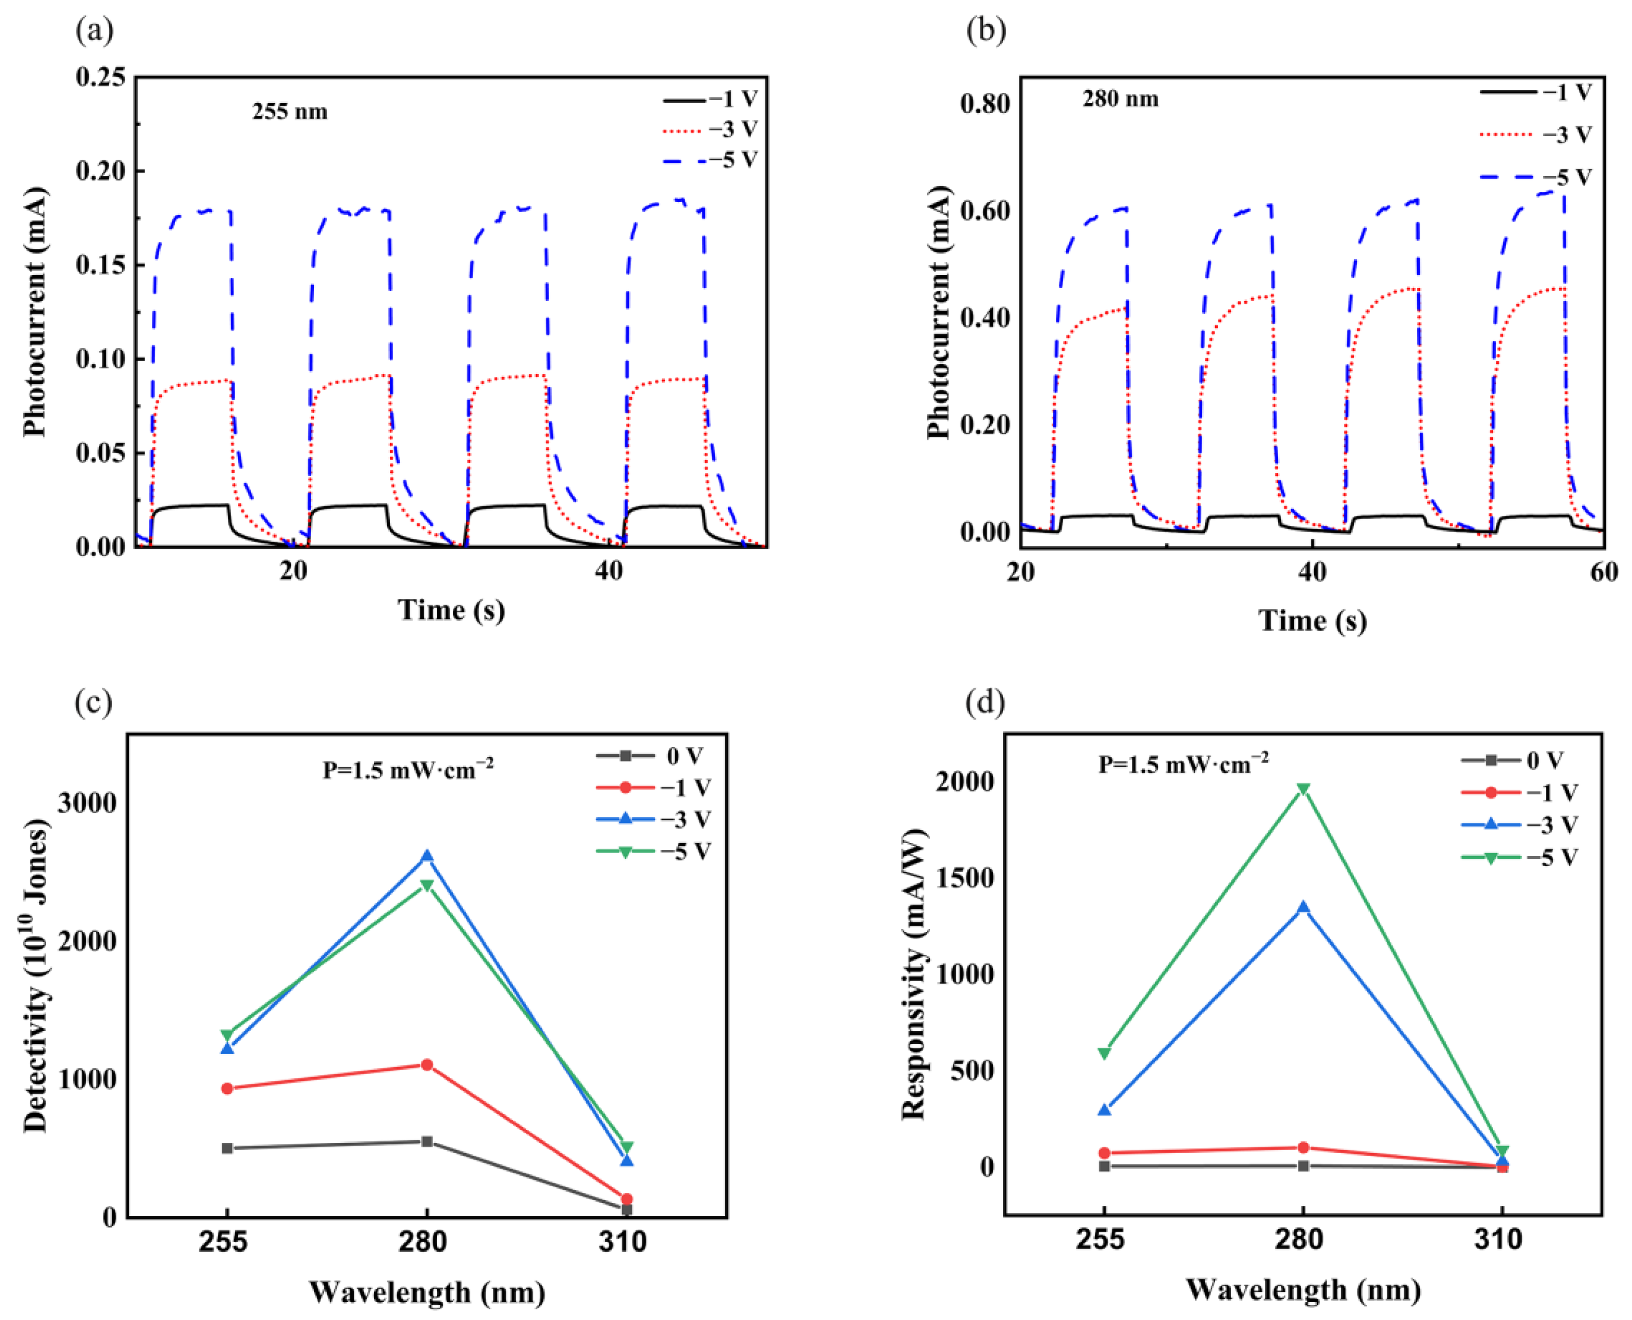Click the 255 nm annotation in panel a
289,112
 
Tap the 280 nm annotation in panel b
1120,99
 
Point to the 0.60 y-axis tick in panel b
985,210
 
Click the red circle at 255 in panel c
227,1088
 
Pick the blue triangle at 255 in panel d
1104,1110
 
